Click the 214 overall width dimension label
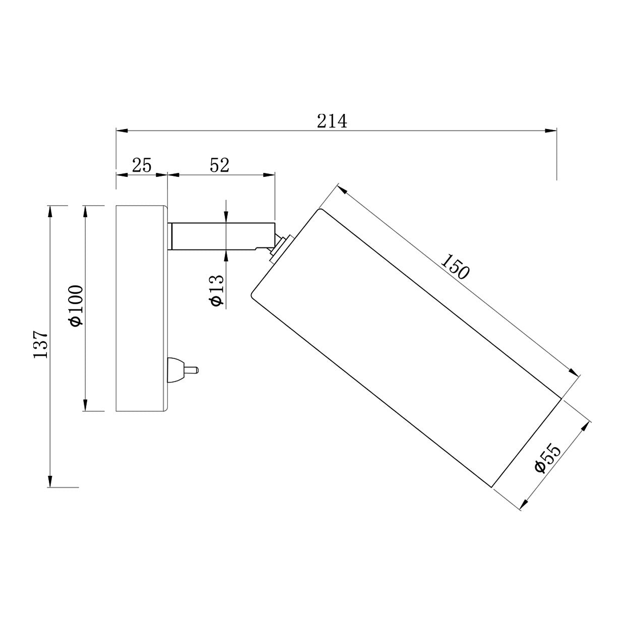click(x=332, y=121)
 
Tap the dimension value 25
click(x=142, y=165)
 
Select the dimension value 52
click(x=219, y=165)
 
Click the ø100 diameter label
click(x=76, y=306)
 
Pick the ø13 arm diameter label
click(x=216, y=291)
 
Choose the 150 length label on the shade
click(x=455, y=267)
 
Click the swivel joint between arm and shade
click(x=279, y=247)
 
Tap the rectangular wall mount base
click(x=142, y=308)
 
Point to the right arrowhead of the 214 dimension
click(x=551, y=131)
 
